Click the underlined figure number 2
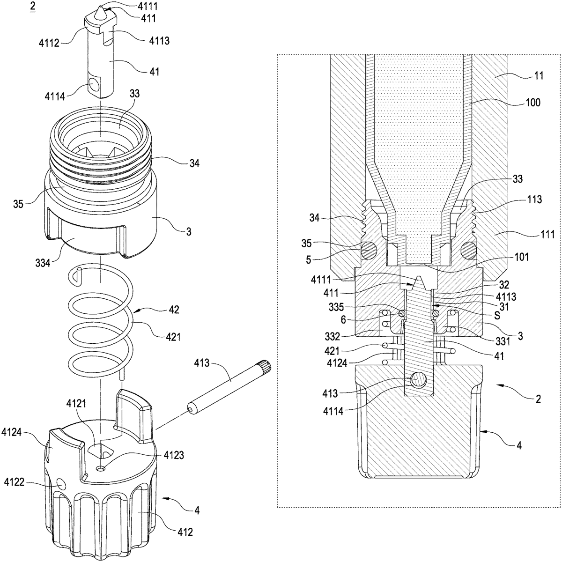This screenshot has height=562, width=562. point(32,7)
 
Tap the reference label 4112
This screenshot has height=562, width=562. point(49,43)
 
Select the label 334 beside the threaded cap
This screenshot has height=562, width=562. point(43,263)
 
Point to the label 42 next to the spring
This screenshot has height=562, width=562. point(174,310)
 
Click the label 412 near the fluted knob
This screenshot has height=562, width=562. point(185,532)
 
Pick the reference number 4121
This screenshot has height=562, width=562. point(76,404)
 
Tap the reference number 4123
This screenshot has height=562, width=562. point(174,455)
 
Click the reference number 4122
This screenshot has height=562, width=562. point(14,482)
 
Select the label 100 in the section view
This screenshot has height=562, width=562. point(533,103)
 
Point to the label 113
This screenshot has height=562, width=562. point(534,200)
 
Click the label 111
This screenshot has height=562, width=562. point(547,235)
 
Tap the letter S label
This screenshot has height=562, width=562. point(497,315)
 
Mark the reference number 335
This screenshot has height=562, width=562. point(337,307)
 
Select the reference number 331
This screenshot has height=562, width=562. point(503,341)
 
